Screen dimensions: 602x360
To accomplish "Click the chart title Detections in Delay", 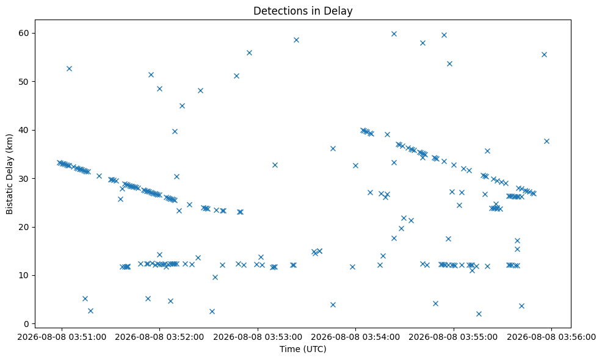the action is pos(303,11).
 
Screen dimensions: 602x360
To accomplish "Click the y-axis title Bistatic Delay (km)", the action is pos(10,174).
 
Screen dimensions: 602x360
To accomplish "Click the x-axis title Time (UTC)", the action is pos(303,349).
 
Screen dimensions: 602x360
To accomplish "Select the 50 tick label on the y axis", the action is pos(24,81).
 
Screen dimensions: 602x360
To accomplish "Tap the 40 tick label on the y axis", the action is pos(24,130).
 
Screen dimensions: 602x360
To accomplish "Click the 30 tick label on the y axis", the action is pos(24,178).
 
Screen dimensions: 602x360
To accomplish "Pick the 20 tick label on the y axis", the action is pos(24,227).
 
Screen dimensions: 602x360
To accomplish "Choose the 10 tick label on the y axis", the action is pos(24,275).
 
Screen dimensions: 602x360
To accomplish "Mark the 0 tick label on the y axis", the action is pos(27,324).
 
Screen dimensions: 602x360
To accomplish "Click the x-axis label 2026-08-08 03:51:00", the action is pos(62,337).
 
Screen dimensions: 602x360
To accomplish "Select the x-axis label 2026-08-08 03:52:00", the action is pos(159,337).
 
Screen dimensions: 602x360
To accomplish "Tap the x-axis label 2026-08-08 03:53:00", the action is pos(258,337).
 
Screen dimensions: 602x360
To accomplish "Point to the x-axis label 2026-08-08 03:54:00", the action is pos(355,337).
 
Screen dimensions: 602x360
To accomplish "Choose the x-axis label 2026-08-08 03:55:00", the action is pos(454,337).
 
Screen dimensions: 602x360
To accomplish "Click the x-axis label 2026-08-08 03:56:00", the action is pos(552,337).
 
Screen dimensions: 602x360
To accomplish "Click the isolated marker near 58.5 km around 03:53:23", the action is pos(296,40).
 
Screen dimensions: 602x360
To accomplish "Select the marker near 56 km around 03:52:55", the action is pos(249,52).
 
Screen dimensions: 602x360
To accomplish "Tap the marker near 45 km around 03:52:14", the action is pos(182,106).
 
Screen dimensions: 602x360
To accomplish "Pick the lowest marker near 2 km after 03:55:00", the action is pos(479,314).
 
